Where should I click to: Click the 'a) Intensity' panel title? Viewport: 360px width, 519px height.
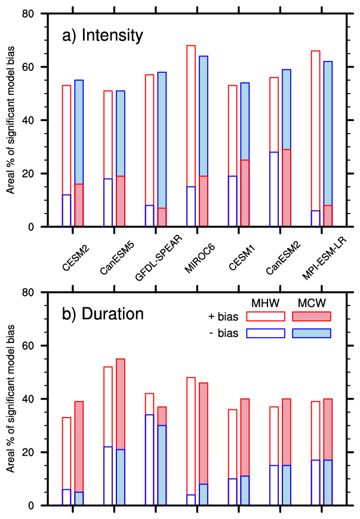[x=103, y=36]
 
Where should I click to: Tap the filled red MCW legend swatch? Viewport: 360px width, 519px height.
[x=311, y=316]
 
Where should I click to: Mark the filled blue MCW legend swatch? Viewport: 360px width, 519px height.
[x=311, y=333]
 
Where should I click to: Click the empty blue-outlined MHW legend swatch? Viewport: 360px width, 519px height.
[x=266, y=333]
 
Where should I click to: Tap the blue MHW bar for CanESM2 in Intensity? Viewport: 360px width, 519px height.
[x=274, y=190]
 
